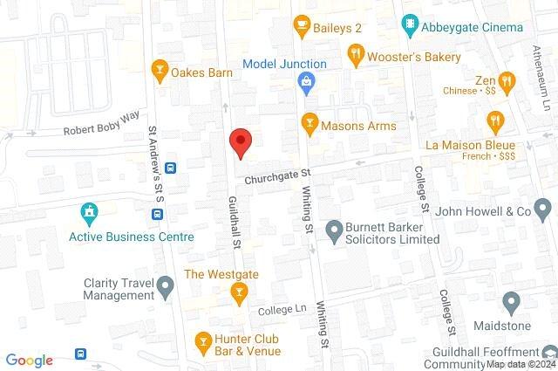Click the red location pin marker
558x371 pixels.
(x=241, y=141)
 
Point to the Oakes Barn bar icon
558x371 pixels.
(x=160, y=72)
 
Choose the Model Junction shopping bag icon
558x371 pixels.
(x=306, y=84)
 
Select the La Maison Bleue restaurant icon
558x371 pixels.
(x=495, y=120)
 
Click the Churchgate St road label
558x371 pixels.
(x=277, y=179)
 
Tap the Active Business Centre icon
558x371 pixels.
(x=87, y=212)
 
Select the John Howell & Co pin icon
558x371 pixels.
(x=542, y=210)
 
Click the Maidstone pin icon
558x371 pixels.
(x=511, y=304)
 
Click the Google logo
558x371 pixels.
(x=30, y=361)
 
